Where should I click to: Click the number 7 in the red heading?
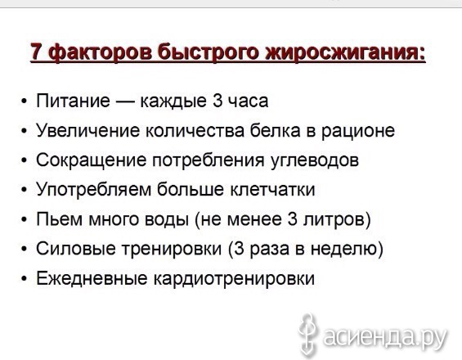click(x=37, y=52)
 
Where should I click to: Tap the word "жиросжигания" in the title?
click(x=345, y=53)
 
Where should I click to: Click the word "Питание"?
click(x=73, y=101)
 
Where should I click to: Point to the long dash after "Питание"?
click(x=124, y=102)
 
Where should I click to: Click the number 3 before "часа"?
click(x=217, y=101)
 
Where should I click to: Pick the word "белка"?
click(x=275, y=131)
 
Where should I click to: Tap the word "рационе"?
click(x=357, y=132)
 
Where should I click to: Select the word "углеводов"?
click(x=315, y=161)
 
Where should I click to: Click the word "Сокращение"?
click(x=91, y=160)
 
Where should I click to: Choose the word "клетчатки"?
click(x=272, y=190)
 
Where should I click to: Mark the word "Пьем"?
click(x=59, y=219)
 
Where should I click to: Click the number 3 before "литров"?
click(x=292, y=219)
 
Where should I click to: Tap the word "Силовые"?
click(x=75, y=249)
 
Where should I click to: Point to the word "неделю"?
click(x=343, y=250)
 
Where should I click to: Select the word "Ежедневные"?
click(x=92, y=278)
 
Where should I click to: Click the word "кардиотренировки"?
click(x=234, y=279)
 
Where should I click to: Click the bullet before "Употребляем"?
click(x=25, y=190)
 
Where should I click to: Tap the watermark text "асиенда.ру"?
click(x=385, y=337)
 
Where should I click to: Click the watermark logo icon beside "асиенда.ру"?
click(x=308, y=335)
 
